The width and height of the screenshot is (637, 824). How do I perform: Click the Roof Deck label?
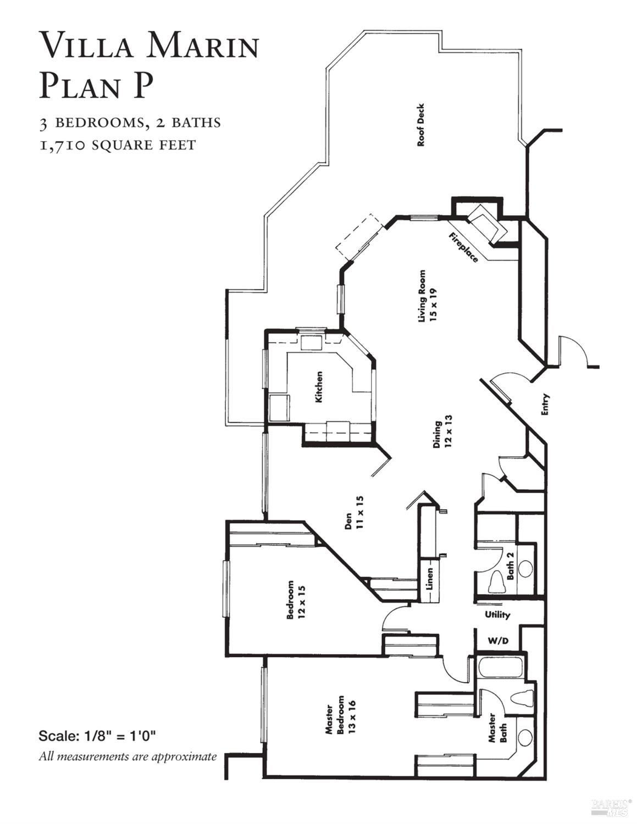422,125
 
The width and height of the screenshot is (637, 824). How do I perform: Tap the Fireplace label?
463,247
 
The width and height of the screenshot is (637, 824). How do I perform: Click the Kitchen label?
319,387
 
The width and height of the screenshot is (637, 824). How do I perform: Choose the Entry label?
545,405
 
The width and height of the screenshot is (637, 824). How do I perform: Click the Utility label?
497,615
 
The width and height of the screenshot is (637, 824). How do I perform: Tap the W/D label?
498,641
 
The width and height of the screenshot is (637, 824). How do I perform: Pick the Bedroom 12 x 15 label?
296,600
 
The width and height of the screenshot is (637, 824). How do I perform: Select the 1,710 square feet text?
117,145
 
